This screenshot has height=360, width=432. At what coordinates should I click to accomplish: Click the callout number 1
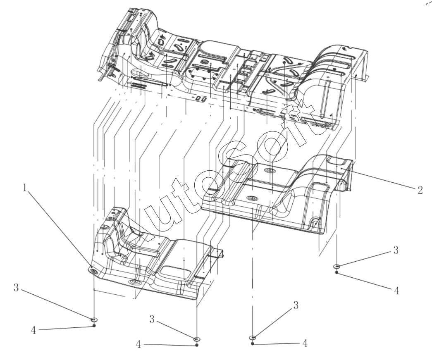tap(25, 188)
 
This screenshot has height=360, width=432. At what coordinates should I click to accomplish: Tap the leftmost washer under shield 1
tap(94, 319)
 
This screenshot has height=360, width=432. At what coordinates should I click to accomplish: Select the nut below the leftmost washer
tap(94, 326)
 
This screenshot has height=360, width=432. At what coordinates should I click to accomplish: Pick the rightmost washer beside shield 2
tap(337, 266)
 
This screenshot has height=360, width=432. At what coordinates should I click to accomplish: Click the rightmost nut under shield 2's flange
tap(337, 272)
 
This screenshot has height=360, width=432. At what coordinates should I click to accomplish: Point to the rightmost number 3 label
tap(396, 250)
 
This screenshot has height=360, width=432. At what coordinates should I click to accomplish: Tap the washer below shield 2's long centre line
tap(253, 338)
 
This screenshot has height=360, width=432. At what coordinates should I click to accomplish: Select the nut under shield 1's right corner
tap(197, 345)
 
